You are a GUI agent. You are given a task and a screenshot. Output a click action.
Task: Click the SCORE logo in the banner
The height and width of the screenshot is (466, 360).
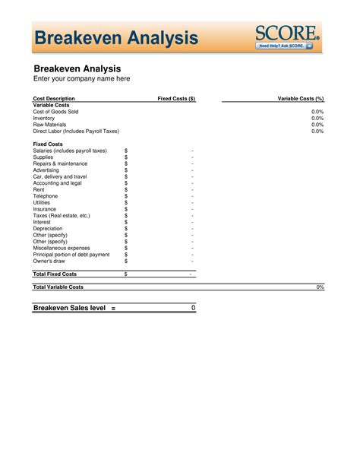[x=287, y=33]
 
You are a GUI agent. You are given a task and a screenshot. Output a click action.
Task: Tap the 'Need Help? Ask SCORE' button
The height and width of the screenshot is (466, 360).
[x=285, y=46]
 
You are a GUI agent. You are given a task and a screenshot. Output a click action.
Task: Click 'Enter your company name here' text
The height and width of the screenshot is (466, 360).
[x=81, y=78]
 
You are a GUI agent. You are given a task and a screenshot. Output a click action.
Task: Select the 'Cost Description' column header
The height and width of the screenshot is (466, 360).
[x=54, y=99]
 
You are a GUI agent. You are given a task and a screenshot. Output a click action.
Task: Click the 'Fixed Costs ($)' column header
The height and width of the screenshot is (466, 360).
[x=176, y=99]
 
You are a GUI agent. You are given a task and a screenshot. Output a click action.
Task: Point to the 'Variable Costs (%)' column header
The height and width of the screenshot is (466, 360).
[x=301, y=99]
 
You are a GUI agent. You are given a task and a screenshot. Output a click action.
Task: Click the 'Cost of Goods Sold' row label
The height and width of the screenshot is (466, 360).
[x=55, y=112]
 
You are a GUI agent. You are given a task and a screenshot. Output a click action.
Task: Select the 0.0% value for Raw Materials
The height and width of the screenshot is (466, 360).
[x=317, y=125]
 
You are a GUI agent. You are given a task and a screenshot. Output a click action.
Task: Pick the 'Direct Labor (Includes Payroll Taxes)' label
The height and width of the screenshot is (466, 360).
[x=76, y=131]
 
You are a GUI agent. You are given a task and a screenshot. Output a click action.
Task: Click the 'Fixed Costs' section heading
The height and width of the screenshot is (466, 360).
[x=48, y=144]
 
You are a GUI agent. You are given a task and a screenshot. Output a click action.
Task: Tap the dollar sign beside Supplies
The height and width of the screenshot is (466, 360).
[x=126, y=157]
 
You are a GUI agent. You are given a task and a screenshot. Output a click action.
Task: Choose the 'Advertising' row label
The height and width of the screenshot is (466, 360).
[x=48, y=170]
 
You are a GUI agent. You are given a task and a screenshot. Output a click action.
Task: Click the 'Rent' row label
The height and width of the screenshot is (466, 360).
[x=39, y=189]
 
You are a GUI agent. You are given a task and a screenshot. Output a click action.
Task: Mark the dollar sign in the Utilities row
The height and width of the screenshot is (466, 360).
[x=126, y=203]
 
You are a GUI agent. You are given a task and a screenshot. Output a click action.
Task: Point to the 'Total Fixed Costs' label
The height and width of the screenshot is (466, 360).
[x=55, y=274]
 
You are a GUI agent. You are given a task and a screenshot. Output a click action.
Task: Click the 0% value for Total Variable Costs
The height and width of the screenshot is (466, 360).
[x=320, y=287]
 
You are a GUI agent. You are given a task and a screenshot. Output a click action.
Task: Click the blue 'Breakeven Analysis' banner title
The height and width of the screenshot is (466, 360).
[x=116, y=37]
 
